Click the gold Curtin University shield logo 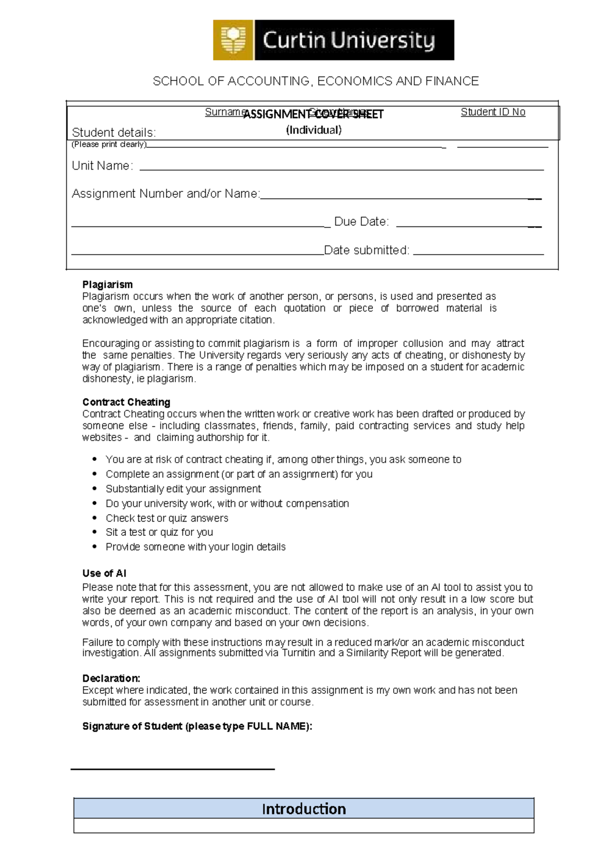click(x=233, y=40)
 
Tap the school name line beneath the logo click(x=316, y=81)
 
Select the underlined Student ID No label click(x=492, y=112)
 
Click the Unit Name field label click(x=102, y=166)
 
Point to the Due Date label click(x=361, y=222)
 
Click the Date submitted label click(x=366, y=250)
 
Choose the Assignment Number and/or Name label click(x=166, y=193)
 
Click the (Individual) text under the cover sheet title click(x=314, y=130)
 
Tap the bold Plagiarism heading click(x=107, y=285)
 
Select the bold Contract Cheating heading click(x=126, y=402)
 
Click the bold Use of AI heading click(x=104, y=573)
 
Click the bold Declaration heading click(x=111, y=678)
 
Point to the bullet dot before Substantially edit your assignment click(x=95, y=489)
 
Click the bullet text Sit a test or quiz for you click(x=159, y=532)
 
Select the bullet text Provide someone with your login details click(x=196, y=547)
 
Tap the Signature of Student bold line click(x=197, y=726)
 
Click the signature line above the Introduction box click(x=172, y=769)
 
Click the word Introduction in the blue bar click(x=304, y=809)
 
